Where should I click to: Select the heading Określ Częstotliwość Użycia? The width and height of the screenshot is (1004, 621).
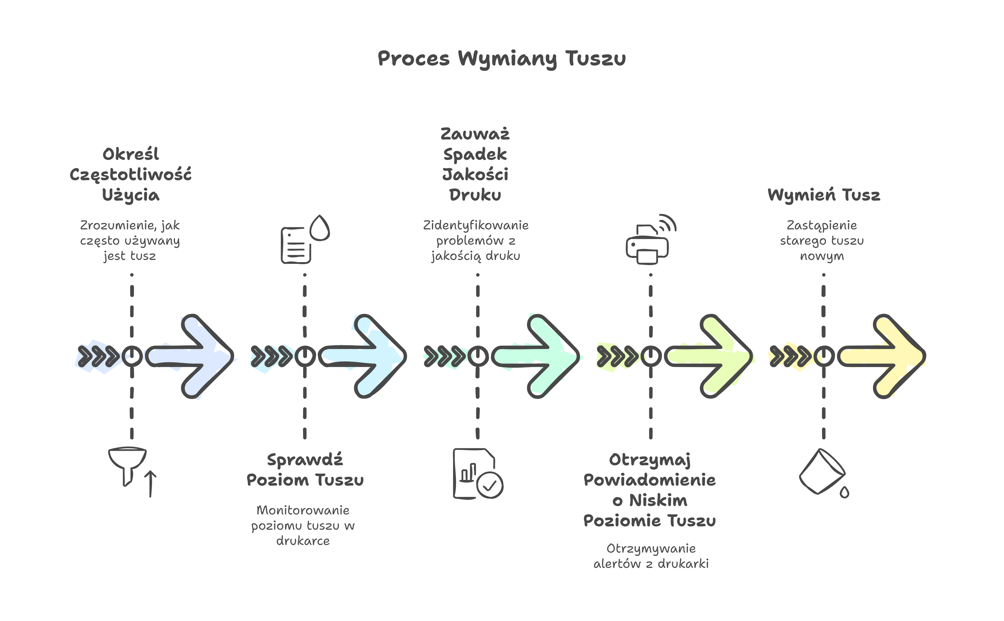(131, 174)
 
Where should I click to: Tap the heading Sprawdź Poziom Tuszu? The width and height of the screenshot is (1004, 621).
(305, 470)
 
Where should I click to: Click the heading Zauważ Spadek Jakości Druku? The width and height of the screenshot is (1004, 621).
(475, 164)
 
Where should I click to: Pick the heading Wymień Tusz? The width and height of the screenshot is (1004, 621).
(824, 195)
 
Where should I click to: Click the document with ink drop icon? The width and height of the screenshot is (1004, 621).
(305, 240)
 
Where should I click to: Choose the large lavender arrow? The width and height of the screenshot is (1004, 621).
(193, 356)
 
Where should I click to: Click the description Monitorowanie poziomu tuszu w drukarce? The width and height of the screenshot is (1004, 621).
(303, 525)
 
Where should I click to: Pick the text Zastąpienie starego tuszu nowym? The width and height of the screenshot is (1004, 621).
(822, 240)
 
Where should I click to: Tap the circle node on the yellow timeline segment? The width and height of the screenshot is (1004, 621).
(824, 356)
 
